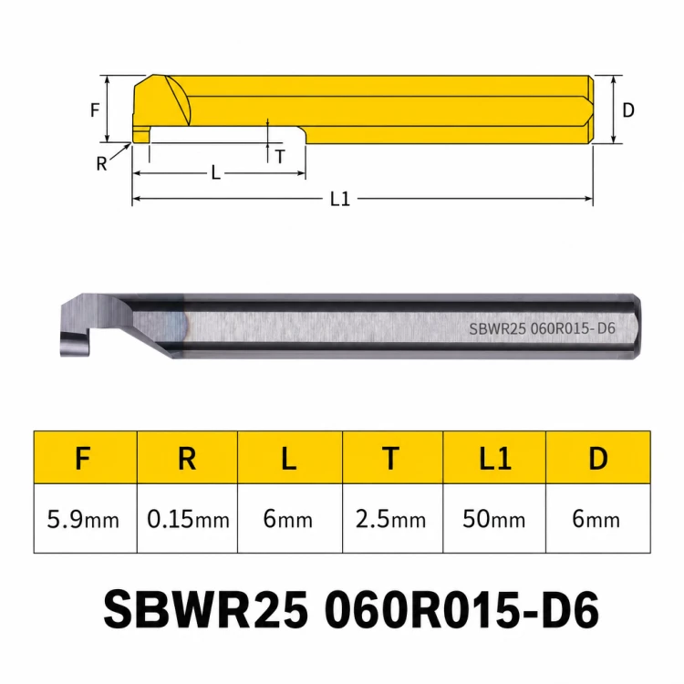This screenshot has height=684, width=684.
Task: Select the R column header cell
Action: (x=187, y=458)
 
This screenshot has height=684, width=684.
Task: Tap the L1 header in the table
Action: (x=494, y=458)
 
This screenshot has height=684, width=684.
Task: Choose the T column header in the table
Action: (x=392, y=458)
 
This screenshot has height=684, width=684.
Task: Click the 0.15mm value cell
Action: (x=187, y=519)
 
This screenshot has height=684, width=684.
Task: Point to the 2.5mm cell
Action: (x=392, y=519)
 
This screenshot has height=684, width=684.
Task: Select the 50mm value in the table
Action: (x=494, y=519)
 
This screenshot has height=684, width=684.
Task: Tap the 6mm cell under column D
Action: (x=598, y=519)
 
